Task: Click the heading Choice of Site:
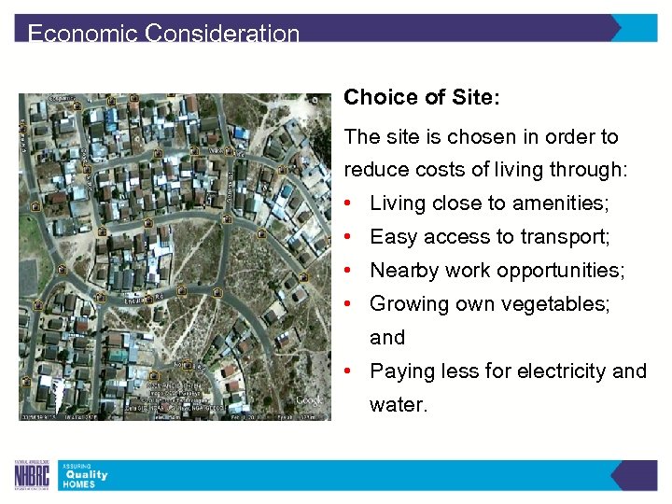point(422,97)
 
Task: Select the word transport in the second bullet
point(567,237)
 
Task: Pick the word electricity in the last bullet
point(555,371)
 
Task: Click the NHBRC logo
point(33,475)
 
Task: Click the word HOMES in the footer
point(79,484)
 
